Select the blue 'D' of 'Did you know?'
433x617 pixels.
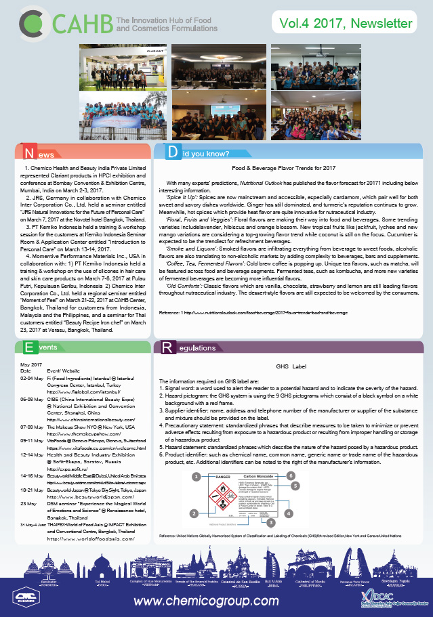pos(172,153)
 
